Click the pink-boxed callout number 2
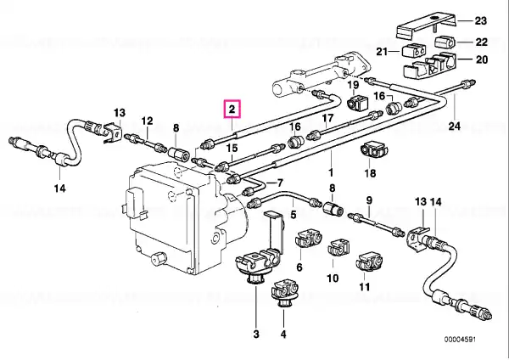pos(232,110)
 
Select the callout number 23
pos(481,21)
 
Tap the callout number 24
pos(454,126)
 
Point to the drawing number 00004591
pos(460,340)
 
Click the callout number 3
pos(256,334)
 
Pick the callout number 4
pos(283,334)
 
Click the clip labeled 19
pos(357,103)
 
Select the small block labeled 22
pos(444,42)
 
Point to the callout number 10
pos(333,278)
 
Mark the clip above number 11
pos(369,262)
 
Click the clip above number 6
pos(309,240)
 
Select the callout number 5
pos(294,215)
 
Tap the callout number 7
pos(280,183)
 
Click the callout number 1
pos(331,172)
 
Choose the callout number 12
pos(147,121)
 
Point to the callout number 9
pos(369,200)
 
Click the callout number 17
pos(327,118)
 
